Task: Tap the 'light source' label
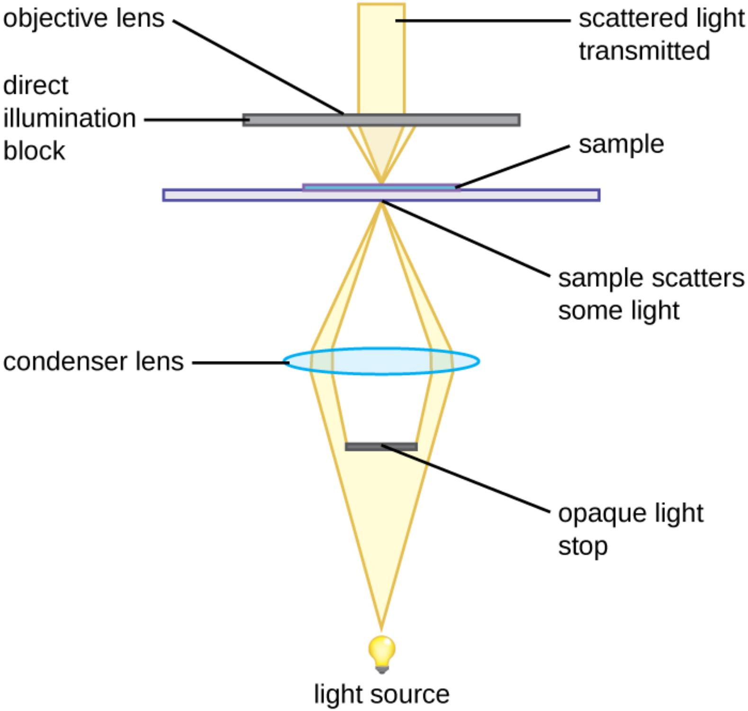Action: coord(381,694)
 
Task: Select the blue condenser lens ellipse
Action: coord(381,361)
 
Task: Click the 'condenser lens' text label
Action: coord(93,362)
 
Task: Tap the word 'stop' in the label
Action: coord(583,546)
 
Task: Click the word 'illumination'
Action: coord(70,118)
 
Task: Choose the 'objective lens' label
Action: coord(84,18)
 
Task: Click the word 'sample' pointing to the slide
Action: coord(621,144)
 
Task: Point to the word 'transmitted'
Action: coord(644,51)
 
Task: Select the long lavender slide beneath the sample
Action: coord(521,195)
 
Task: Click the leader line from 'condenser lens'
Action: coord(239,363)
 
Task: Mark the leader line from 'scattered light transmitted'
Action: coord(483,20)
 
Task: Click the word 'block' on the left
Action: coord(34,151)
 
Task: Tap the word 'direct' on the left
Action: coord(36,86)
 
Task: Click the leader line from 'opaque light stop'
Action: coord(469,480)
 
